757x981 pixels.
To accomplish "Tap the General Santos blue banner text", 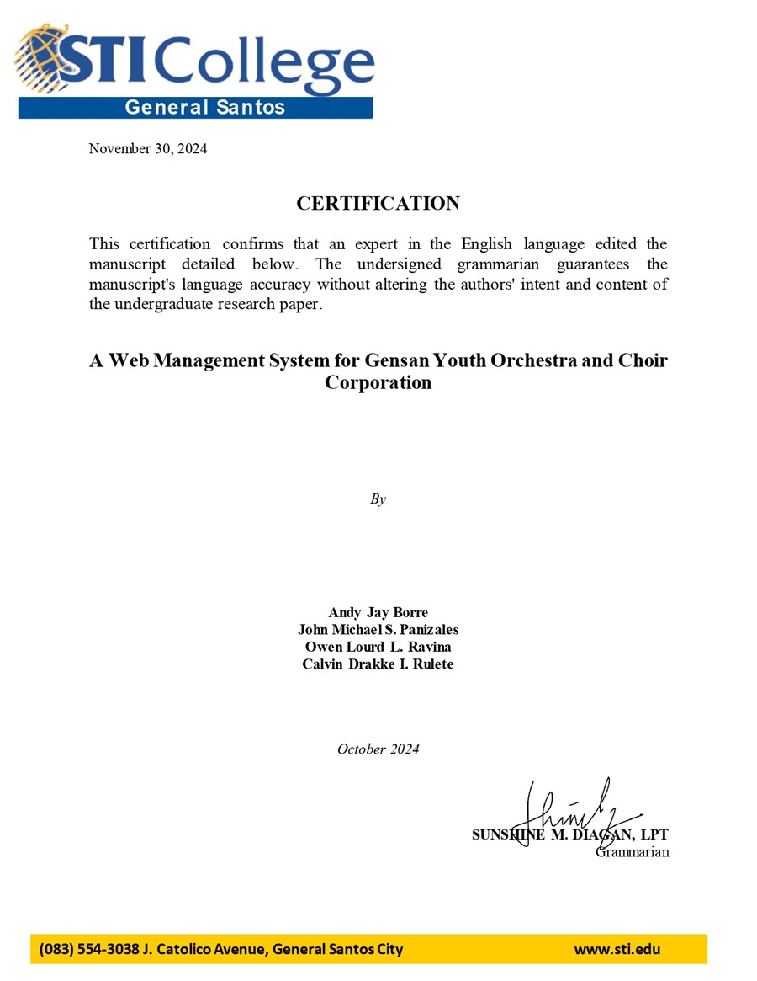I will pyautogui.click(x=204, y=107).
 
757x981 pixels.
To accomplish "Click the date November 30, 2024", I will pyautogui.click(x=148, y=149).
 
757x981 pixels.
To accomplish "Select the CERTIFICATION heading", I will pyautogui.click(x=378, y=204).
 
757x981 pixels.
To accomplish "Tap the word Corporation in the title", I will pyautogui.click(x=378, y=383).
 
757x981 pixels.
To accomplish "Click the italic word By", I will pyautogui.click(x=378, y=499).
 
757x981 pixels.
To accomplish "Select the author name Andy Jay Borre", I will pyautogui.click(x=378, y=612).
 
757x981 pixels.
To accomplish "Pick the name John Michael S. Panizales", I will pyautogui.click(x=378, y=630).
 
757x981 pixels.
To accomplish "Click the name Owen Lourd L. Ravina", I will pyautogui.click(x=378, y=647).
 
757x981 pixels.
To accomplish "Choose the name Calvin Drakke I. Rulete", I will pyautogui.click(x=378, y=664).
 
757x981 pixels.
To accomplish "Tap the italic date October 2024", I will pyautogui.click(x=378, y=749).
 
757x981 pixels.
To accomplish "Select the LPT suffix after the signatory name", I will pyautogui.click(x=653, y=835).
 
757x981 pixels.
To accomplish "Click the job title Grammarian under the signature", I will pyautogui.click(x=632, y=852).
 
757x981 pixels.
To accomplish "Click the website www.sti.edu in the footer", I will pyautogui.click(x=617, y=950).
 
